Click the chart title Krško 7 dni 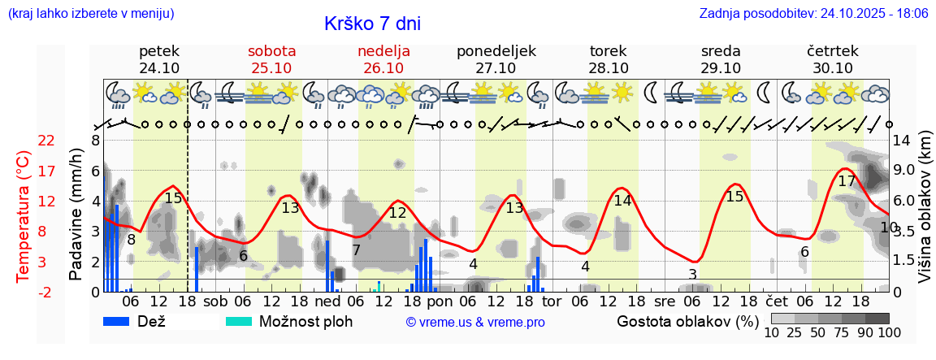(x=372, y=24)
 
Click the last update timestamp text (x=813, y=14)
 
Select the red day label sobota (x=271, y=51)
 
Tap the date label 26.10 (x=383, y=68)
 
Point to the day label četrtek (x=832, y=51)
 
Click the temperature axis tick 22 (x=47, y=141)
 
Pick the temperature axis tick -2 (x=47, y=293)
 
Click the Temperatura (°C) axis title (x=24, y=216)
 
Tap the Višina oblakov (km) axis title (x=925, y=216)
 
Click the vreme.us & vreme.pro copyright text (x=475, y=323)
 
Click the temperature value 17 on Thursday (x=847, y=181)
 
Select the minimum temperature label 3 (x=692, y=274)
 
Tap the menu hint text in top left (x=90, y=14)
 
